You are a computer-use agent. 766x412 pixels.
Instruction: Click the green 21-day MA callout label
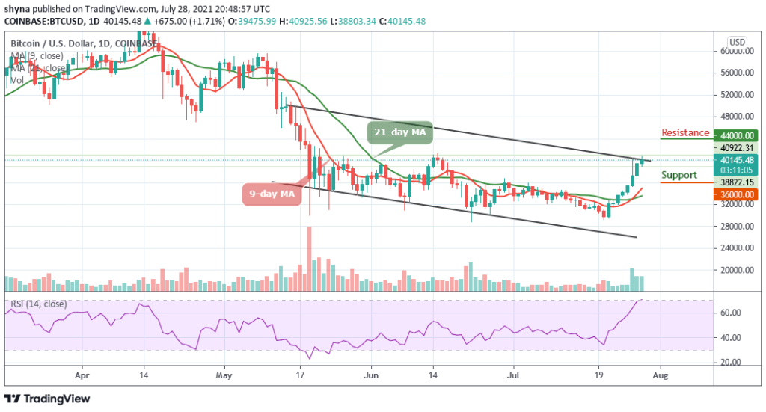(400, 132)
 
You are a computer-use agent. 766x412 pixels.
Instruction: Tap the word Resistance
(684, 132)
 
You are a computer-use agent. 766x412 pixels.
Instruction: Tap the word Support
(679, 175)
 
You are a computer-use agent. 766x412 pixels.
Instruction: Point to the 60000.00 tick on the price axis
(737, 52)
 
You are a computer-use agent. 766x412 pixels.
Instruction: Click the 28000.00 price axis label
(737, 227)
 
